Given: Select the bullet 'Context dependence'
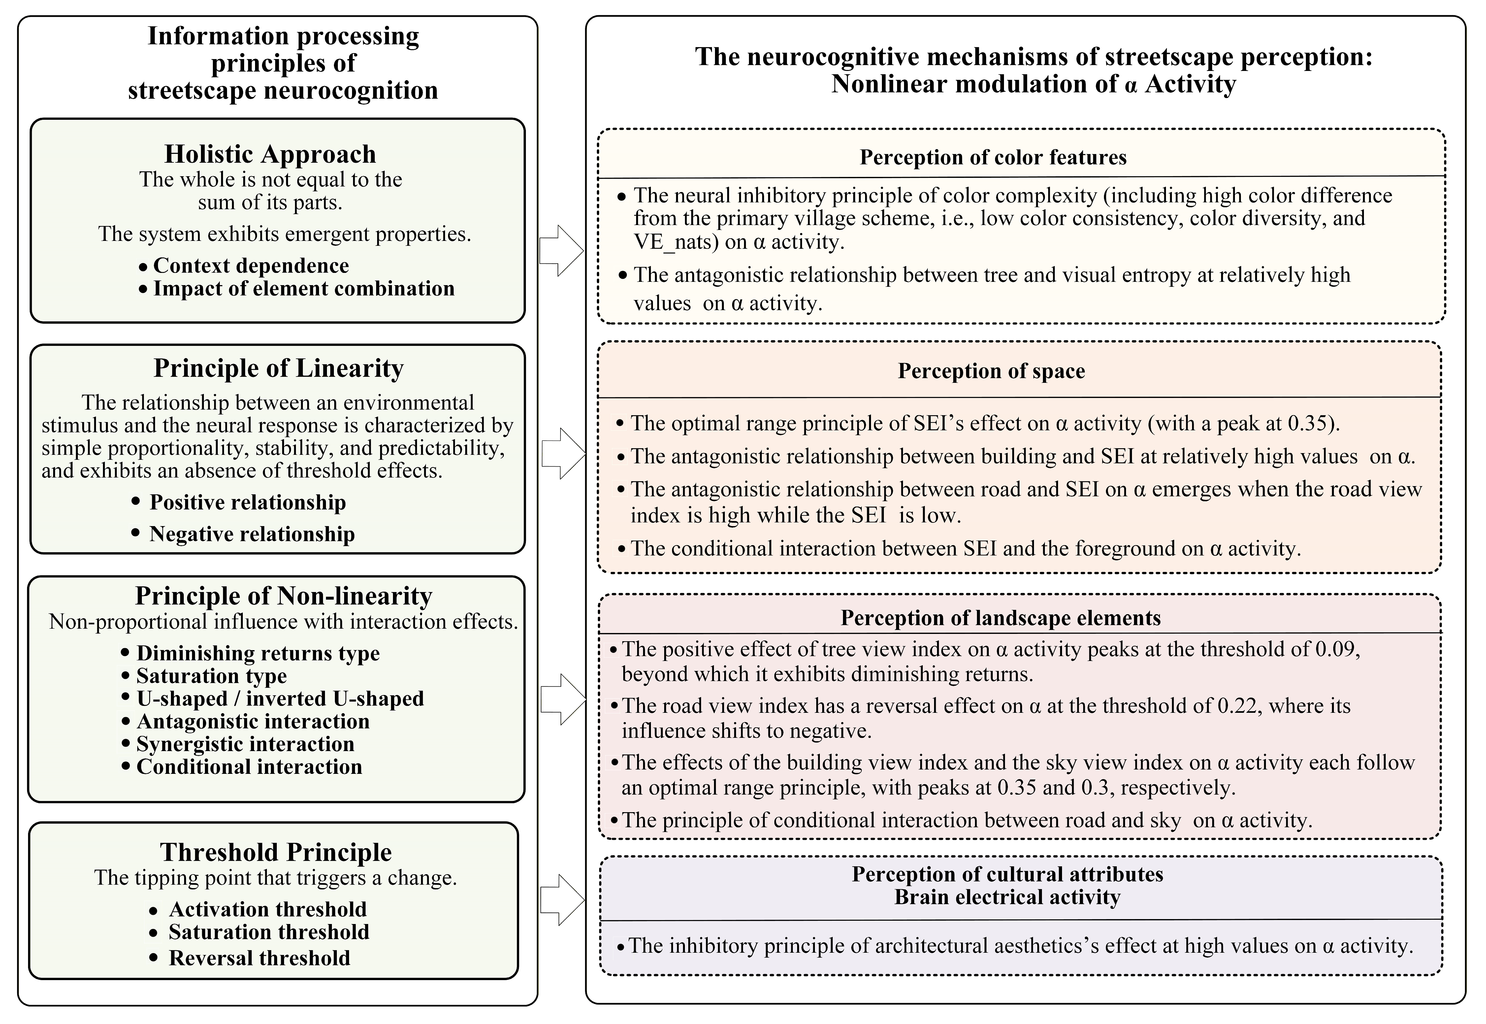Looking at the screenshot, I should [x=251, y=266].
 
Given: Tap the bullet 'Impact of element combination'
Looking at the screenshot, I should [x=303, y=289].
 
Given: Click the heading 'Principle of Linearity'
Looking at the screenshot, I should [x=278, y=368].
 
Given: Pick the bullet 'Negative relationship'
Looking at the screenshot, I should [x=251, y=534].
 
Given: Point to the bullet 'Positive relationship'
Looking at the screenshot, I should [x=247, y=502].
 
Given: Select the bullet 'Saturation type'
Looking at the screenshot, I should [x=211, y=676].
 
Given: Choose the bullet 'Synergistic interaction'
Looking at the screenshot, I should [x=245, y=744].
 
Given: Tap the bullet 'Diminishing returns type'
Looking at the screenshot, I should [x=258, y=653].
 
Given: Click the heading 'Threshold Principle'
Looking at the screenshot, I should [x=276, y=852].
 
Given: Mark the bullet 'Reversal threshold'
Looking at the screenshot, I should [x=259, y=958].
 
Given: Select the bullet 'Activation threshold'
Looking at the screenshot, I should [x=268, y=909].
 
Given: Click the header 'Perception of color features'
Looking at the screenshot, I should [x=993, y=157].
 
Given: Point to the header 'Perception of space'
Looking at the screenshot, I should [x=991, y=371].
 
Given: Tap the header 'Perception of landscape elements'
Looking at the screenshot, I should [x=1000, y=618].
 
